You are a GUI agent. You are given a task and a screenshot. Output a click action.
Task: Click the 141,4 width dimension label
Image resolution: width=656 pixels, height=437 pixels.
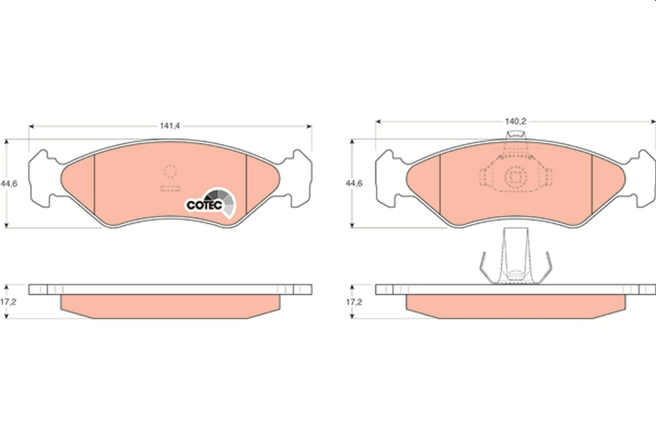(x=169, y=126)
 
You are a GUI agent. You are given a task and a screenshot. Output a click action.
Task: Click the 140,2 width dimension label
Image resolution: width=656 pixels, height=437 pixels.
(x=516, y=121)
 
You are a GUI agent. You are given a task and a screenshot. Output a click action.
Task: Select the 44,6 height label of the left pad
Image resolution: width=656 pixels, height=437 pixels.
(x=9, y=184)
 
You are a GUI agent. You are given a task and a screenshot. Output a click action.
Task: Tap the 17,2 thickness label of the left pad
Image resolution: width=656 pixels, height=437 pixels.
(x=9, y=301)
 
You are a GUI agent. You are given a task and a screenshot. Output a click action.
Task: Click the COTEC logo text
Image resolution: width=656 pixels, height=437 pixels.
(x=204, y=205)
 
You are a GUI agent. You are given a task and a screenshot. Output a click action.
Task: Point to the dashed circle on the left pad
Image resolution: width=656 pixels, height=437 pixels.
(x=171, y=172)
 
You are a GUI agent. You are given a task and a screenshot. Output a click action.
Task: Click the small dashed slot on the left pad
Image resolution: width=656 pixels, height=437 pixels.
(x=170, y=188)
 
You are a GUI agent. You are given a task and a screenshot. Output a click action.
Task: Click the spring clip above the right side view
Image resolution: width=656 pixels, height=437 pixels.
(x=515, y=257)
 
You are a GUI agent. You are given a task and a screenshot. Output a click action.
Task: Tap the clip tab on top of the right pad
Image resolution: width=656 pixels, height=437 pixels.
(x=514, y=137)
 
